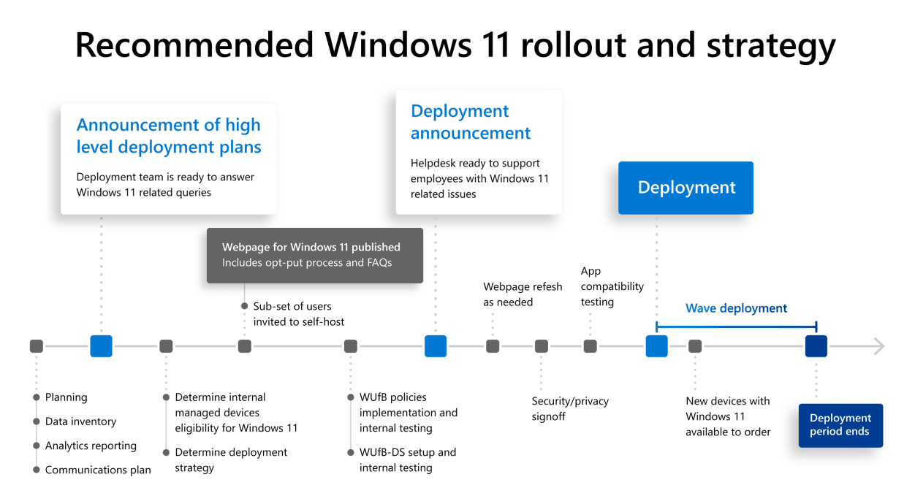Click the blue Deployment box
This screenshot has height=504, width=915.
(686, 188)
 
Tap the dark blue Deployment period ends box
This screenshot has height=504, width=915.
(840, 425)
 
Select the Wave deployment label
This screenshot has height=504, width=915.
(736, 308)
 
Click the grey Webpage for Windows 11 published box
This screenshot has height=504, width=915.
(314, 255)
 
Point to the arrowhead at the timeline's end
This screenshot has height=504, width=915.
(879, 346)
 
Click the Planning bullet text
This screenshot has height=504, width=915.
(66, 397)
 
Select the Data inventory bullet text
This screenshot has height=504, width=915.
(80, 421)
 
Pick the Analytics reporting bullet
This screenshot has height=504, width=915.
(91, 446)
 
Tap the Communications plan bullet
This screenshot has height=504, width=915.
(98, 470)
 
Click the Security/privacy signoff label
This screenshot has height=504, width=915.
(570, 408)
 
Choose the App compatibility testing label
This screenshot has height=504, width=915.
(612, 286)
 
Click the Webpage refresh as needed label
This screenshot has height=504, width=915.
(523, 294)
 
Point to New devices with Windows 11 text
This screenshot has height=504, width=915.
(728, 416)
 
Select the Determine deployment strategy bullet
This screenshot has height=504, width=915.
(231, 459)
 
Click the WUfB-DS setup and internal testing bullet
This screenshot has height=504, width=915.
(407, 459)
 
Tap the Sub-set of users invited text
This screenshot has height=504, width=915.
(298, 314)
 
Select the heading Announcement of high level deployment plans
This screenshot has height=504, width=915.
(169, 136)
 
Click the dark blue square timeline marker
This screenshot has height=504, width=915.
(816, 346)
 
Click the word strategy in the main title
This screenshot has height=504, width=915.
(771, 45)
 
